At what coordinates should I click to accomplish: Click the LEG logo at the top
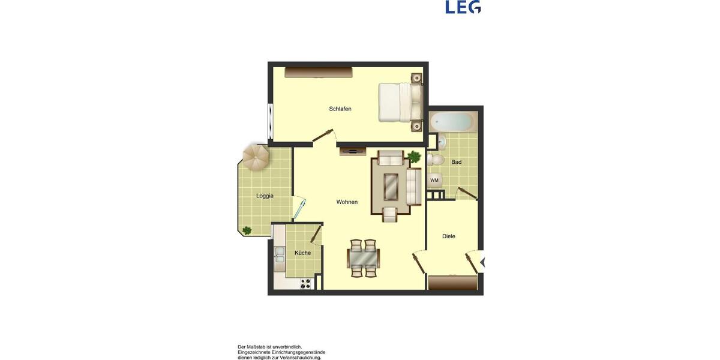[x=463, y=7]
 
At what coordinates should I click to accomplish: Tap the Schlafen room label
[x=340, y=109]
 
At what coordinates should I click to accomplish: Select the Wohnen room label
[x=347, y=202]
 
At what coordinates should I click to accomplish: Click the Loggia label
[x=265, y=196]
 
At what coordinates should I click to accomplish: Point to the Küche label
[x=302, y=253]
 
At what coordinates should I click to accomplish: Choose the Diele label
[x=449, y=236]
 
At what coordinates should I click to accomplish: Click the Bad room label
[x=457, y=162]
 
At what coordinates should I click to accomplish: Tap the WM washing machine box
[x=434, y=180]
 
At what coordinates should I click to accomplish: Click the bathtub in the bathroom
[x=453, y=122]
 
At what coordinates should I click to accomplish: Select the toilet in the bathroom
[x=436, y=160]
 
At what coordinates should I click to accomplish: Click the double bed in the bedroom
[x=400, y=102]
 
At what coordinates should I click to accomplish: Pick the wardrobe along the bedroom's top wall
[x=318, y=72]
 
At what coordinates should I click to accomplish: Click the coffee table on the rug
[x=391, y=186]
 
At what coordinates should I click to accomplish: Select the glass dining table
[x=363, y=259]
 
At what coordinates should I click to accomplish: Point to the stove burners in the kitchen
[x=305, y=283]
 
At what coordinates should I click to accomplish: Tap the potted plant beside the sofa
[x=414, y=157]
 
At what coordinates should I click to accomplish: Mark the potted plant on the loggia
[x=247, y=230]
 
